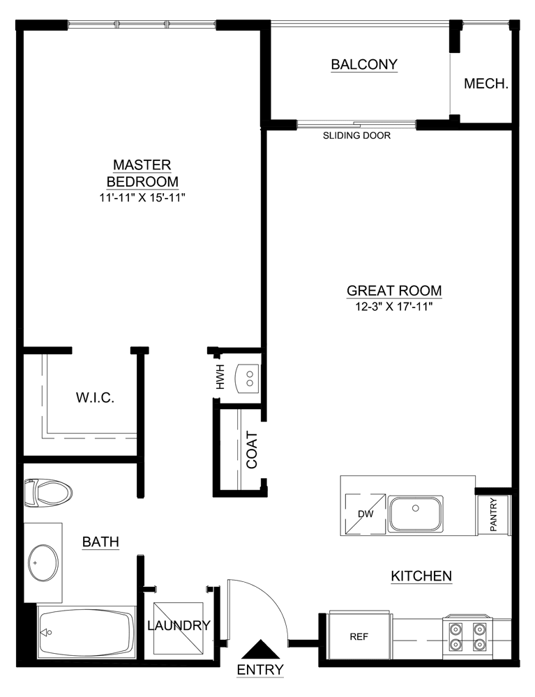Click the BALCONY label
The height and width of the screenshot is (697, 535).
point(363,65)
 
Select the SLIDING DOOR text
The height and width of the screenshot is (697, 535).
point(356,136)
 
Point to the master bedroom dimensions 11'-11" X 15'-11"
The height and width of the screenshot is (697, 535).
point(142,198)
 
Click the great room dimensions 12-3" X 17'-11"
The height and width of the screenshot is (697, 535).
point(394,307)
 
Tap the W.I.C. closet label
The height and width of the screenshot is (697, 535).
point(94,398)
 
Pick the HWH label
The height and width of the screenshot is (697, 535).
point(220,376)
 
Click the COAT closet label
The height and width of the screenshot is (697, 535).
point(252,450)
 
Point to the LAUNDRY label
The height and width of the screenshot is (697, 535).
point(179,625)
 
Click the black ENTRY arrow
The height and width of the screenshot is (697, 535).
point(261,650)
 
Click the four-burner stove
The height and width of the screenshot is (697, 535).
point(467,635)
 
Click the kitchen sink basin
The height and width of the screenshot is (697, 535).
point(415,513)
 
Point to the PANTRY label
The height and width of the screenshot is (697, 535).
point(493,515)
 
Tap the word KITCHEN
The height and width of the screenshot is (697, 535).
point(421,576)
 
